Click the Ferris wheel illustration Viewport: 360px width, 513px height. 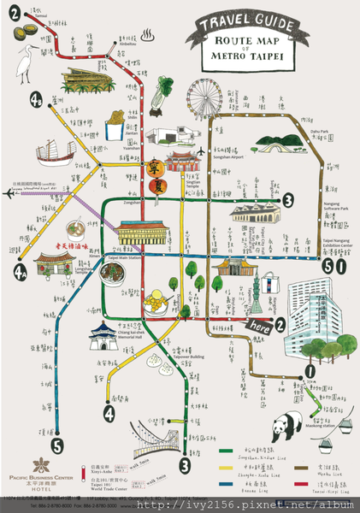pos(201,100)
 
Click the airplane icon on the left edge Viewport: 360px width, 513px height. pos(9,192)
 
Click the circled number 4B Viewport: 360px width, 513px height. pos(36,100)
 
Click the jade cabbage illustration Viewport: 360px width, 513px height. pos(165,90)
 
